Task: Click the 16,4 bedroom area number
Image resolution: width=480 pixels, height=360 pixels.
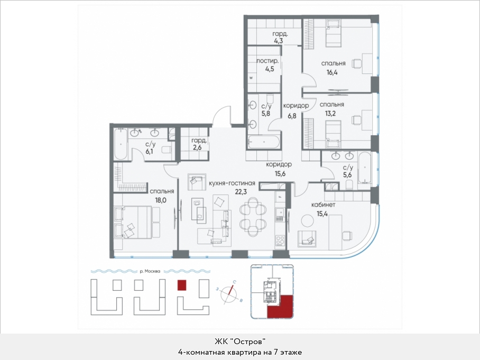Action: pyautogui.click(x=332, y=72)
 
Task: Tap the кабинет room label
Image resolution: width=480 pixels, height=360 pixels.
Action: pyautogui.click(x=323, y=205)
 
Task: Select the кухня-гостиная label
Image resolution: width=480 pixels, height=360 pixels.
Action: pyautogui.click(x=232, y=183)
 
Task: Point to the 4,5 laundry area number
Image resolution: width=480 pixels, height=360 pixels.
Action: pyautogui.click(x=270, y=69)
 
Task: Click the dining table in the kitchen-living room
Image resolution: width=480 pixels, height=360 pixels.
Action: pyautogui.click(x=253, y=217)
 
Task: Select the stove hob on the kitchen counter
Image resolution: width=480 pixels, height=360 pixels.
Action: pyautogui.click(x=280, y=241)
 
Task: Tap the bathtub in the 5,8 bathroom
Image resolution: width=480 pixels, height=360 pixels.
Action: pyautogui.click(x=264, y=142)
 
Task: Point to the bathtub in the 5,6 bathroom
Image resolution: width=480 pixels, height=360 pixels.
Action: pyautogui.click(x=364, y=168)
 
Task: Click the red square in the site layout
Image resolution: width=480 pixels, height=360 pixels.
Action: pyautogui.click(x=182, y=285)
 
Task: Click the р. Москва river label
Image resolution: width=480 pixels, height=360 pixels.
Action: pyautogui.click(x=150, y=271)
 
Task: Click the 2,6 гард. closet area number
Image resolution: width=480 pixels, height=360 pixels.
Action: pyautogui.click(x=198, y=147)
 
